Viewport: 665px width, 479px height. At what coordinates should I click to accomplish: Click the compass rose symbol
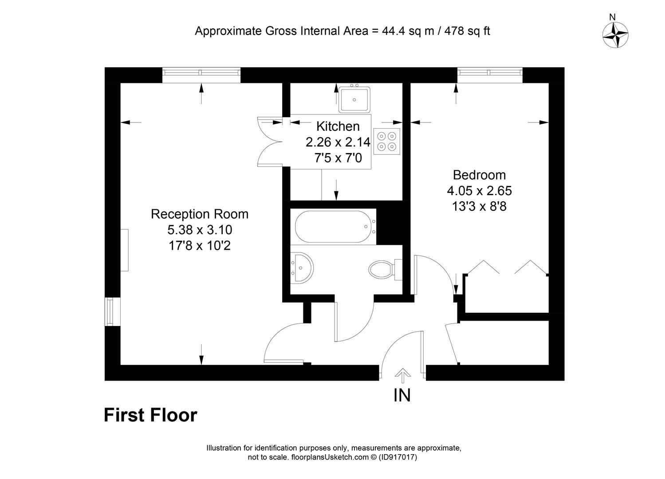(615, 35)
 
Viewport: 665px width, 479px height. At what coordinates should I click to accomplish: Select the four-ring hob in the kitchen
(387, 141)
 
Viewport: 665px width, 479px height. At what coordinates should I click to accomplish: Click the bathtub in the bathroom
(335, 227)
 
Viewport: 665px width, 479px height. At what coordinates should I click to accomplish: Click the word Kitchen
(338, 126)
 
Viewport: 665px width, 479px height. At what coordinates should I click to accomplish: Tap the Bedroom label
(479, 175)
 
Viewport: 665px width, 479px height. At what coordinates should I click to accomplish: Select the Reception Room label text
(200, 214)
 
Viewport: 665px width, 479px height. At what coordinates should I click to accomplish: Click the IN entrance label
(402, 395)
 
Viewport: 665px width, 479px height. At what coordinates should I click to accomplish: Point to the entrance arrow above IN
(402, 376)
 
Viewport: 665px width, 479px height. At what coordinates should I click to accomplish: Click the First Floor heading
(150, 415)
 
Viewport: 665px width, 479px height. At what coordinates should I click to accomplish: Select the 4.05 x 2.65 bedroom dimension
(479, 191)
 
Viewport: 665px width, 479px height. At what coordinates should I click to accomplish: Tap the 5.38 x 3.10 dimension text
(200, 230)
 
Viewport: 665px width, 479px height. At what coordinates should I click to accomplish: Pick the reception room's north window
(201, 75)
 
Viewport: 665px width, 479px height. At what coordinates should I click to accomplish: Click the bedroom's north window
(490, 75)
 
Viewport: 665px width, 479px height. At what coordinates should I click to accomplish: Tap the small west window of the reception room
(113, 312)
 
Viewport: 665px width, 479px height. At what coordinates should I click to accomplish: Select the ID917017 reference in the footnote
(398, 457)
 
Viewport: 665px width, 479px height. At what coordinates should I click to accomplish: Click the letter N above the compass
(612, 17)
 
